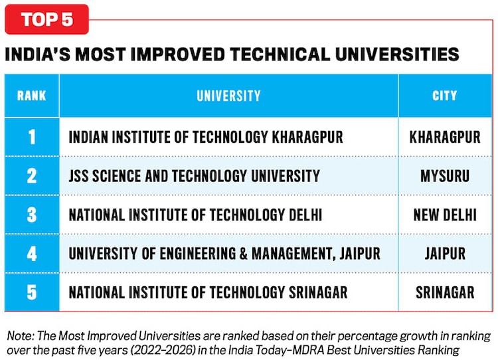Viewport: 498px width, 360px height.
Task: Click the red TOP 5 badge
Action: pyautogui.click(x=46, y=19)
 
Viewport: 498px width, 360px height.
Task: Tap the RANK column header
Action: pyautogui.click(x=31, y=96)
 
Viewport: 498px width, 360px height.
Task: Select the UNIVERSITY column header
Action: pyautogui.click(x=228, y=96)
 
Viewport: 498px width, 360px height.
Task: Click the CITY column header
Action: pyautogui.click(x=445, y=96)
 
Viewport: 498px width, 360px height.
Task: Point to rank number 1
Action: pyautogui.click(x=32, y=137)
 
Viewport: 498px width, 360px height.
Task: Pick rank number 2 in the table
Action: pyautogui.click(x=32, y=176)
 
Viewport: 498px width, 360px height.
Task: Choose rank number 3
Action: pyautogui.click(x=32, y=215)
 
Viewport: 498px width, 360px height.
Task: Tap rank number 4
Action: pyautogui.click(x=32, y=254)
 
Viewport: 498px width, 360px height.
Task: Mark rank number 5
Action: pyautogui.click(x=32, y=292)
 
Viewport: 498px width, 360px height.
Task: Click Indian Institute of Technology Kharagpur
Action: pyautogui.click(x=206, y=137)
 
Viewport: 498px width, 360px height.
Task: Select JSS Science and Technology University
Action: pyautogui.click(x=194, y=176)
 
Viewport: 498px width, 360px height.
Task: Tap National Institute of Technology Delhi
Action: pyautogui.click(x=195, y=215)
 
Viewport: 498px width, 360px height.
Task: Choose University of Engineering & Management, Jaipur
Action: pyautogui.click(x=224, y=254)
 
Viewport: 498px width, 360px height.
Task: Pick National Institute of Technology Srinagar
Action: pyautogui.click(x=208, y=292)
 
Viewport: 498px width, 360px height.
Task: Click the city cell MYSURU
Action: pyautogui.click(x=445, y=176)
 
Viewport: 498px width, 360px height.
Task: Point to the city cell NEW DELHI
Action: pyautogui.click(x=445, y=215)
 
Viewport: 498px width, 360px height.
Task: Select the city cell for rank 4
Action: pyautogui.click(x=445, y=254)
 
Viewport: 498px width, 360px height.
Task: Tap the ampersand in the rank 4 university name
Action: pyautogui.click(x=243, y=254)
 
